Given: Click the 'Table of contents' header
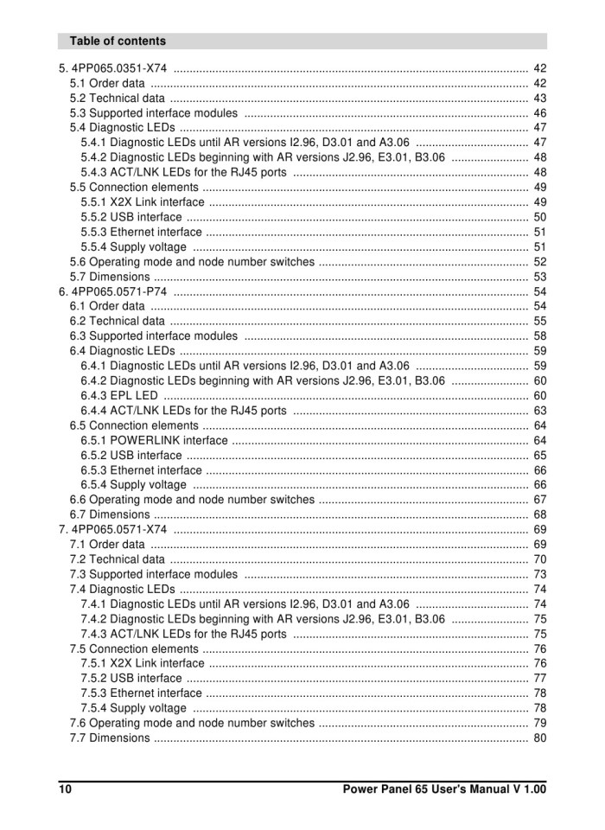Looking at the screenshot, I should point(118,41).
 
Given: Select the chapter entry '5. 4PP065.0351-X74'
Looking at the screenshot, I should point(113,68).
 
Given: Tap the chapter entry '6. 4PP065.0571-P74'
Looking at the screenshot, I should point(113,291).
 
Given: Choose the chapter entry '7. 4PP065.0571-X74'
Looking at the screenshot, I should point(113,529).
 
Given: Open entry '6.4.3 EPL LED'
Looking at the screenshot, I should point(119,395).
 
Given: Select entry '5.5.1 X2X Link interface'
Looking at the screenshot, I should point(143,202).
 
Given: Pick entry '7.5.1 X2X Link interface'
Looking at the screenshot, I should point(143,663).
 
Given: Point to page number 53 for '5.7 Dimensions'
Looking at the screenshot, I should point(540,277).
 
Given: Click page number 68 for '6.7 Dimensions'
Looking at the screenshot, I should point(540,514).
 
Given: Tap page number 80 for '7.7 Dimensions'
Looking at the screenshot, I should point(540,737).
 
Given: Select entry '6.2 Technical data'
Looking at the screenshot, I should point(117,321).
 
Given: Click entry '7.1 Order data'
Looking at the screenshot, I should point(107,544).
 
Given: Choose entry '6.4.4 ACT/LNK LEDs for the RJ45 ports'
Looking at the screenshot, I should point(183,411).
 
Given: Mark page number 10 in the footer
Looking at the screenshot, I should point(66,788).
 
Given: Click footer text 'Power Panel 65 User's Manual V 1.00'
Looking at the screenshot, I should point(444,788).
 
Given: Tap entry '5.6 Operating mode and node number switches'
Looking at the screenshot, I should point(192,262).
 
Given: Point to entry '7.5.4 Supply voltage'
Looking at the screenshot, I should point(133,708).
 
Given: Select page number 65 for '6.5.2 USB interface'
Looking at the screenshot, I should point(540,455).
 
